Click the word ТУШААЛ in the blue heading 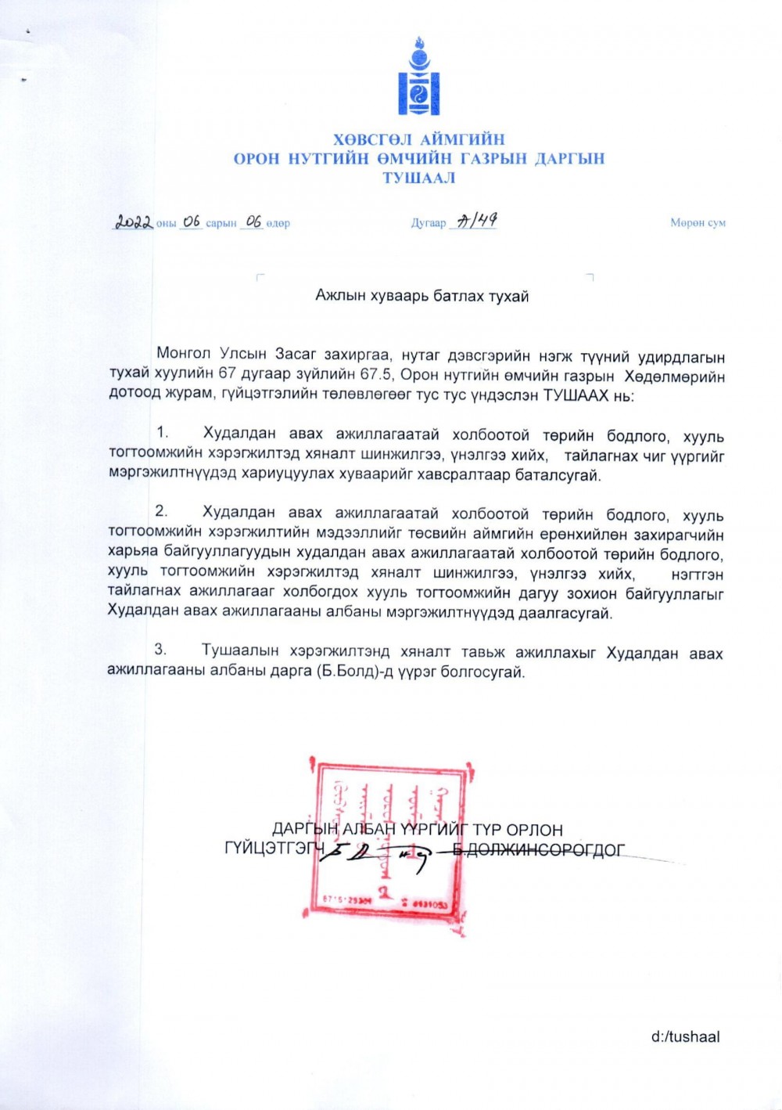click(419, 178)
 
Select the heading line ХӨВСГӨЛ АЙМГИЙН click(419, 140)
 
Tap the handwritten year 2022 click(134, 222)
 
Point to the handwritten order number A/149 click(477, 222)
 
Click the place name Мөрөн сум click(698, 223)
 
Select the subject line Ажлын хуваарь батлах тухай click(421, 296)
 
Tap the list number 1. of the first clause click(163, 433)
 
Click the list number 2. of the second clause click(162, 512)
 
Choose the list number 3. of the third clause click(161, 650)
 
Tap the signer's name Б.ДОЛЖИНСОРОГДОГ click(539, 849)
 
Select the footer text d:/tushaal click(685, 1037)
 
